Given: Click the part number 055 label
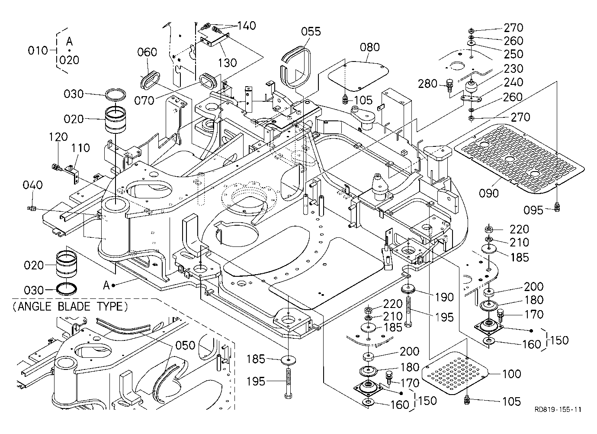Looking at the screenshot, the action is click(x=311, y=32).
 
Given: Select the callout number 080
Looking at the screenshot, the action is click(x=369, y=47).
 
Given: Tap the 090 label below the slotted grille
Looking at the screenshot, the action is click(x=489, y=193).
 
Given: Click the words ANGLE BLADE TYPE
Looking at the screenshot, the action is click(x=71, y=306).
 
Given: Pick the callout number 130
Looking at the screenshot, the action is click(x=228, y=63).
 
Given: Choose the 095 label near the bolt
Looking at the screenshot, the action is click(x=533, y=211).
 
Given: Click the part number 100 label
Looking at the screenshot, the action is click(x=511, y=374).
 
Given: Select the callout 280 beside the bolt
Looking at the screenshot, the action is click(x=427, y=84).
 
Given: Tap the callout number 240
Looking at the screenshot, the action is click(x=514, y=82).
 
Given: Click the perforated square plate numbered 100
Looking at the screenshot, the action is click(x=455, y=373).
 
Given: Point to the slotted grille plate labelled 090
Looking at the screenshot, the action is click(x=519, y=159).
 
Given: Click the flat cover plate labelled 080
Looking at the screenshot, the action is click(x=358, y=76).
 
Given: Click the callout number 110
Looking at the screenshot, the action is click(x=80, y=148).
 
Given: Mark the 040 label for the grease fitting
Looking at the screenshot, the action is click(x=32, y=185).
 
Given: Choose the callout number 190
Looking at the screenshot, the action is click(x=444, y=297).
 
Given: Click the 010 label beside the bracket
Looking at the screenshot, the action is click(x=38, y=50).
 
